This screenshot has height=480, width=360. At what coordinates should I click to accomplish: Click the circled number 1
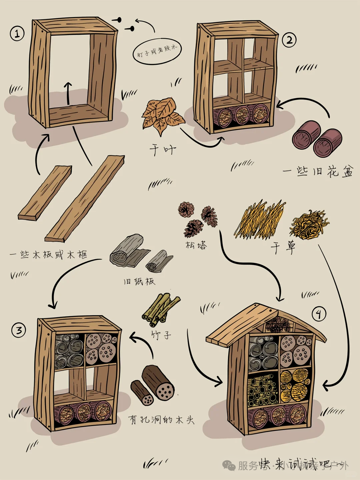click(17, 34)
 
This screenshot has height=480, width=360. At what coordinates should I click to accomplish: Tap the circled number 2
click(289, 40)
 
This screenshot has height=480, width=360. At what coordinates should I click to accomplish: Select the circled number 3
click(19, 330)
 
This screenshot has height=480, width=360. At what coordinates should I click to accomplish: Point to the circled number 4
click(319, 314)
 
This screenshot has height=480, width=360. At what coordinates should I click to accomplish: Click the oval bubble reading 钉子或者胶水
click(157, 51)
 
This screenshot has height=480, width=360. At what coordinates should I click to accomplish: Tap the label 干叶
click(163, 150)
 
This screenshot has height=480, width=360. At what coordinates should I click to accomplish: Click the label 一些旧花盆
click(318, 171)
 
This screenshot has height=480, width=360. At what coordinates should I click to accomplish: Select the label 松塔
click(196, 246)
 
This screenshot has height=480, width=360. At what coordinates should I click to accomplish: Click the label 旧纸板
click(139, 282)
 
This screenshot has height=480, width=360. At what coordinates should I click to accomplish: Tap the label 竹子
click(161, 335)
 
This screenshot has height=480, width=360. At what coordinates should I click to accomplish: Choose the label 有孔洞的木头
click(161, 419)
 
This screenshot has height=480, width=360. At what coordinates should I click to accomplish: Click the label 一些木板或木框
click(49, 255)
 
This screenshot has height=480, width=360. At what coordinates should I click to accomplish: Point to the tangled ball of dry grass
click(309, 224)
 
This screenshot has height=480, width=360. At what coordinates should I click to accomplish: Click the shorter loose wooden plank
click(45, 193)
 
